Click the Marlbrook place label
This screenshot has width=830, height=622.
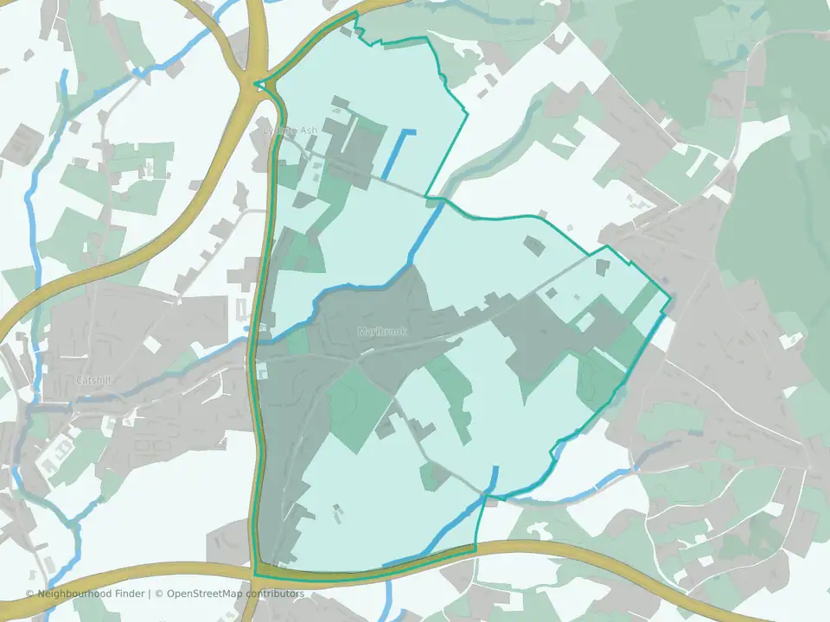[x=381, y=332]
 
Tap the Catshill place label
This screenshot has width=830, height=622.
[x=94, y=380]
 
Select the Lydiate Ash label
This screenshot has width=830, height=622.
[x=290, y=130]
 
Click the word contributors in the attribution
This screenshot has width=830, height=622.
[x=276, y=593]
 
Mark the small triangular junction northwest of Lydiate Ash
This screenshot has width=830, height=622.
[x=260, y=85]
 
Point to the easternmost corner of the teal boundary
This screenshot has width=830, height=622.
[x=671, y=300]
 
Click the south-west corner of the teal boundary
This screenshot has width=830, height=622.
[x=256, y=574]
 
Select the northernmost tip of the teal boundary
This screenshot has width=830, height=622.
[x=354, y=13]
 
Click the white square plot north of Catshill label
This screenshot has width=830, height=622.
[x=152, y=344]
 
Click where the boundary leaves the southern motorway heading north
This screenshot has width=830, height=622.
[x=476, y=547]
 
